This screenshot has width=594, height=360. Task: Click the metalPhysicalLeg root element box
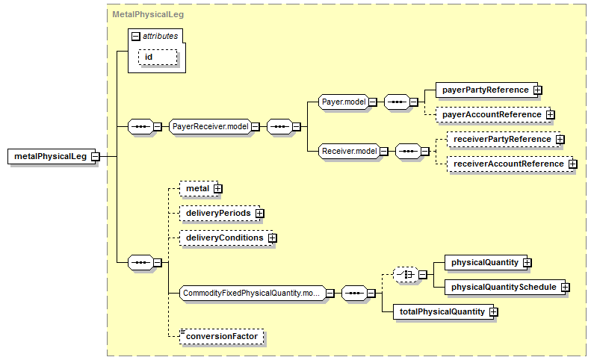[x=52, y=156]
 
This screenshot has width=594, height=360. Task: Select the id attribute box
[x=158, y=58]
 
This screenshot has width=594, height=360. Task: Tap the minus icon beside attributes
[x=136, y=37]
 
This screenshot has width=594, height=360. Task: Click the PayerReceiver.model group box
[x=210, y=126]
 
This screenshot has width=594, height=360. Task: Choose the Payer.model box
[x=344, y=102]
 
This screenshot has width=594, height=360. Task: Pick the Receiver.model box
[x=349, y=151]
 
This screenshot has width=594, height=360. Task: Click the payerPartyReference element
[x=486, y=90]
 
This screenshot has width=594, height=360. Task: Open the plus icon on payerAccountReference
[x=551, y=115]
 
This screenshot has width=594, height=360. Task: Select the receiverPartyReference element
[x=504, y=140]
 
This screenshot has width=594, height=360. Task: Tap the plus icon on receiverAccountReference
[x=573, y=164]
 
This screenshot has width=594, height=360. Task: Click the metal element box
[x=199, y=188]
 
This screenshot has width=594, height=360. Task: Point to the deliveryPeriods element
[x=220, y=213]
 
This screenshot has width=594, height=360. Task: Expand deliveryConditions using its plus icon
[x=273, y=238]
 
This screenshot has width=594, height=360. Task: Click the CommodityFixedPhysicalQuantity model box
[x=253, y=293]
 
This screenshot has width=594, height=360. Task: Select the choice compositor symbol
[x=406, y=274]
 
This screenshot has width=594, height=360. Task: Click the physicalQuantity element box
[x=486, y=263]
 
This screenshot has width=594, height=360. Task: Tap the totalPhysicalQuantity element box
[x=443, y=312]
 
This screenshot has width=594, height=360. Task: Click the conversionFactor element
[x=222, y=337]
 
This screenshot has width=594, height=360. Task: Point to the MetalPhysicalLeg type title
[x=148, y=14]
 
